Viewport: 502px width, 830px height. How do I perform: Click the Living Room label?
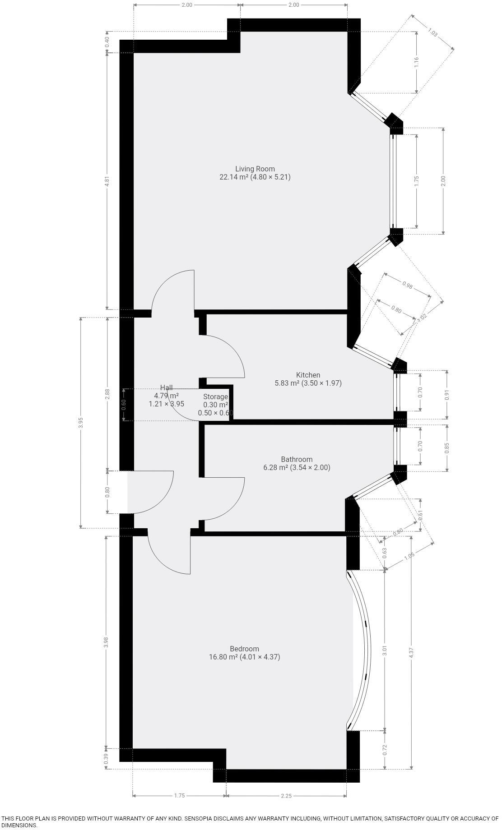click(x=255, y=169)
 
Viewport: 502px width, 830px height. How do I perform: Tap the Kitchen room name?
click(x=308, y=375)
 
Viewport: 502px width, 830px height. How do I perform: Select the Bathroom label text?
click(x=297, y=459)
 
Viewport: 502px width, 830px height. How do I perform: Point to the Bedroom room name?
click(x=244, y=649)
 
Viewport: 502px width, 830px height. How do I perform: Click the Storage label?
click(x=215, y=397)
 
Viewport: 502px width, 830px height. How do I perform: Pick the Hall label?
click(x=166, y=387)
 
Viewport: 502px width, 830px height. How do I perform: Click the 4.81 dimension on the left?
click(x=107, y=181)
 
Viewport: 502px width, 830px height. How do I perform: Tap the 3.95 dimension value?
click(x=81, y=422)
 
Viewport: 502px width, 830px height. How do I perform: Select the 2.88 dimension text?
click(x=107, y=394)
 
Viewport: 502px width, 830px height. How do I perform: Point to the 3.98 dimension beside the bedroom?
click(x=106, y=642)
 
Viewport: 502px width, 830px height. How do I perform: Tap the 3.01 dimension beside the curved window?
click(x=385, y=650)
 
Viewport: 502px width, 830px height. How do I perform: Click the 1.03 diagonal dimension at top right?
click(x=432, y=33)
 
